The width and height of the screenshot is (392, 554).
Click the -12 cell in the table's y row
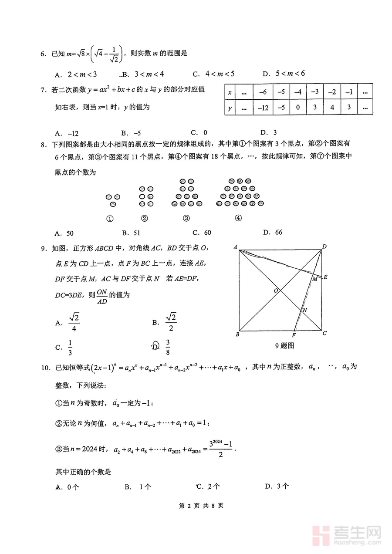(x=263, y=106)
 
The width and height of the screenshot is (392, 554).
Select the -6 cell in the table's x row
(x=263, y=92)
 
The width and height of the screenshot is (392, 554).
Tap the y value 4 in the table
(x=333, y=106)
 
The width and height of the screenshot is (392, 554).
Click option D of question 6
(x=284, y=73)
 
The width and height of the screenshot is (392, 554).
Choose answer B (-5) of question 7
(x=130, y=133)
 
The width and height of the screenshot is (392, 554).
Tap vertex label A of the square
(x=235, y=247)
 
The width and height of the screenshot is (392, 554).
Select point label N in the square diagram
(x=305, y=310)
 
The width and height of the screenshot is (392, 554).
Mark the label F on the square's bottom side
(x=294, y=335)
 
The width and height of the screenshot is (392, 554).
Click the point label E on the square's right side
(x=326, y=277)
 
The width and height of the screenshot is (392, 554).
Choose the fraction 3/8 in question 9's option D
(x=168, y=347)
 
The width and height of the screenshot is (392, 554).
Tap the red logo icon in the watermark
(x=322, y=534)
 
